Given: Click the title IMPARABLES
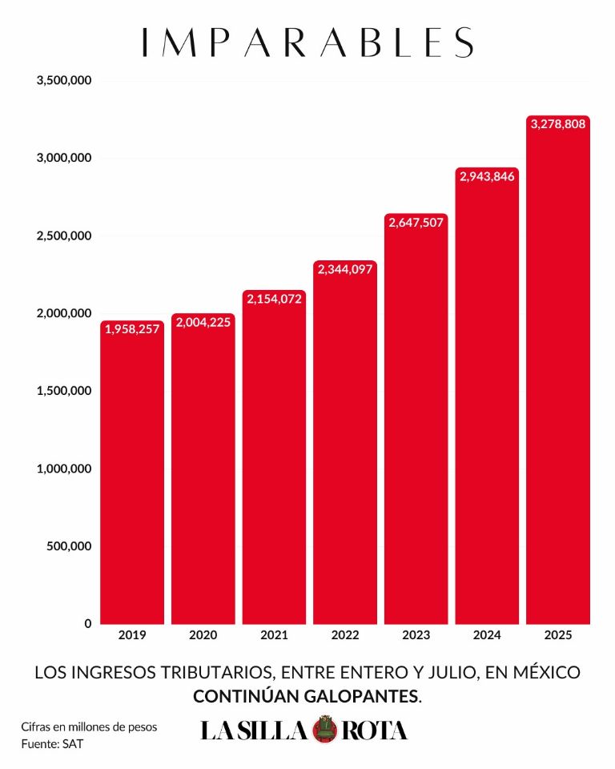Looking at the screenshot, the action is pos(308,42).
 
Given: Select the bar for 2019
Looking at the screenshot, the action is pos(132,473).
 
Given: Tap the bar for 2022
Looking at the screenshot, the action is pos(345,442).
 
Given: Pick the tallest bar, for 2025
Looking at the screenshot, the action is pos(558,370).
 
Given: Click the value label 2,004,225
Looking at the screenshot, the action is pos(203,322).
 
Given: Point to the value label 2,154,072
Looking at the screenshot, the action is pos(274,299).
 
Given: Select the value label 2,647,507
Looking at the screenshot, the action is pos(416,223).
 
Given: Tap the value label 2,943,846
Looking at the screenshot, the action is pos(487,176).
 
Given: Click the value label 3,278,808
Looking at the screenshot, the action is pos(558,124).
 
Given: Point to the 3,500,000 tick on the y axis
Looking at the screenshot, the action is pos(64,80).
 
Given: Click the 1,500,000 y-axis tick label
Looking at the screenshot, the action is pos(64,391).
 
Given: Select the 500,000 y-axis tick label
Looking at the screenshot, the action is pos(69,546).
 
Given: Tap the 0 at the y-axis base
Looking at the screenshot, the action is pos(88,624).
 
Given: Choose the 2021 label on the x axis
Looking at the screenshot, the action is pos(274,635).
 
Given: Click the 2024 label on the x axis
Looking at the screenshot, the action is pos(487,635).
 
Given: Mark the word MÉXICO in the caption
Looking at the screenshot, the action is pos(547,672).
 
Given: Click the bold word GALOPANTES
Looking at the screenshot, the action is pos(363,696).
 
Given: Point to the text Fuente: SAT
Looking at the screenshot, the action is pos(52,744).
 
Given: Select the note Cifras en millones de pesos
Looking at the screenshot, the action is pos(89,727).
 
